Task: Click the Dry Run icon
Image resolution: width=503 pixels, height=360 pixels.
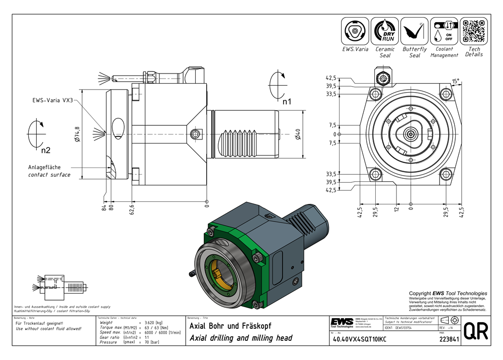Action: pos(385,31)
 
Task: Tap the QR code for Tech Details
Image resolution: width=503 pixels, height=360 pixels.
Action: pos(474,31)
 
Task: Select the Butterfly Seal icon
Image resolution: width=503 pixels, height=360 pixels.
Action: pos(414,31)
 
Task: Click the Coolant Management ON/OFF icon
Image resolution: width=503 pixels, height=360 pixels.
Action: pos(444,31)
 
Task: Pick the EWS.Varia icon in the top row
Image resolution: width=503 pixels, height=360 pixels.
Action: pos(355,31)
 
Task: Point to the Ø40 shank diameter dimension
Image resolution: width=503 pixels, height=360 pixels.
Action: pos(298,134)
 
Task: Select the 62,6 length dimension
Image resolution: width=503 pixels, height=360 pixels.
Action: pos(132,206)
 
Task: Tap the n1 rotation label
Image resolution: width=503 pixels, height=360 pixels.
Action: pos(287,102)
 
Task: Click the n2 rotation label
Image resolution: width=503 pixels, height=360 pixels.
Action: pos(46,150)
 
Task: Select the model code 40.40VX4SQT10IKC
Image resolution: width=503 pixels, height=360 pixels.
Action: pos(359,339)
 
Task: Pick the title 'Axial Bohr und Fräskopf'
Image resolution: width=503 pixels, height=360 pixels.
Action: pos(230,326)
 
